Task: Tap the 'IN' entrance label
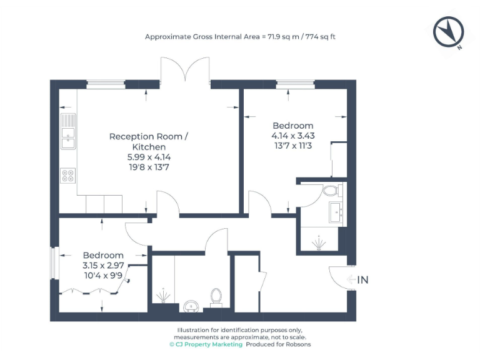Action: tap(362, 280)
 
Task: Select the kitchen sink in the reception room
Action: tap(67, 132)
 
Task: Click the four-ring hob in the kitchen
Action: tap(67, 176)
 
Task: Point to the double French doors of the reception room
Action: tap(185, 70)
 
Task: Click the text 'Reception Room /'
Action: tap(148, 136)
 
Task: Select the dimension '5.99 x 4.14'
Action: tap(148, 157)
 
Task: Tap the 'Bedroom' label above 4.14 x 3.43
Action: tap(292, 126)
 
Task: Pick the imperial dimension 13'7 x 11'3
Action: tap(292, 146)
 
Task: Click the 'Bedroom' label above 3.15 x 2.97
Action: tap(103, 255)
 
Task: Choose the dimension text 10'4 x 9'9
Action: tap(103, 274)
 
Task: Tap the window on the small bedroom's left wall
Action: tap(54, 263)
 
